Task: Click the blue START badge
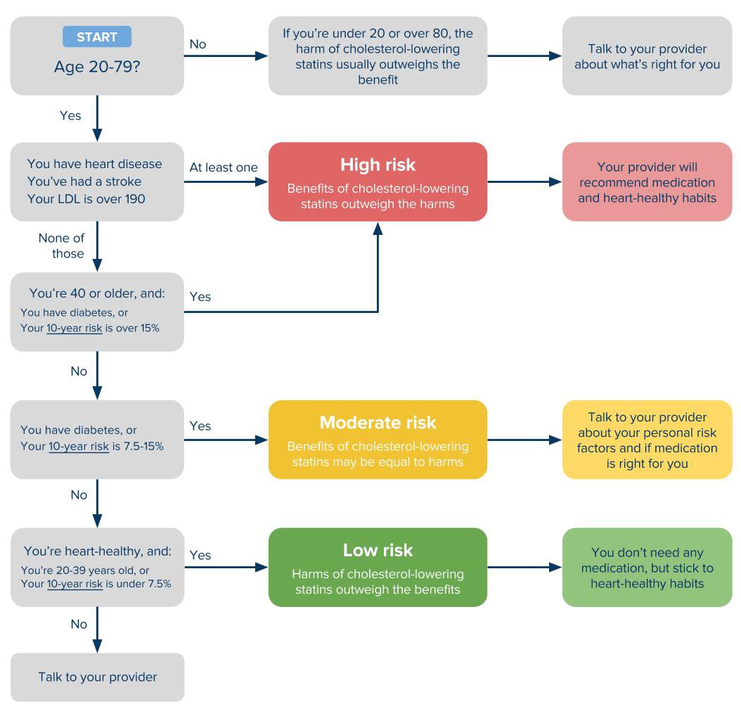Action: (97, 37)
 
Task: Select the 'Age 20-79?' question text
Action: (97, 67)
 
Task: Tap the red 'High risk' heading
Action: (378, 165)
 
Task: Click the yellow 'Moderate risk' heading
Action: (378, 422)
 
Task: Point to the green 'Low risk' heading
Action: (378, 550)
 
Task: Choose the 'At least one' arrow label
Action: (224, 167)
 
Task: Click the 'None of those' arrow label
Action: (61, 246)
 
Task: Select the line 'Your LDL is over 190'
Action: (86, 199)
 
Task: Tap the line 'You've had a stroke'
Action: (84, 181)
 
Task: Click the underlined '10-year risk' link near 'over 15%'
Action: (75, 328)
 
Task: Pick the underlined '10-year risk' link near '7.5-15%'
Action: (79, 447)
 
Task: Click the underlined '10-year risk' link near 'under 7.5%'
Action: (75, 584)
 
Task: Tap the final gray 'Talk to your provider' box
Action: (97, 677)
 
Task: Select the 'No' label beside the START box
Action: (198, 44)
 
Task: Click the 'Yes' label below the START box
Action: (70, 115)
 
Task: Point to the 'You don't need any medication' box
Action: (647, 568)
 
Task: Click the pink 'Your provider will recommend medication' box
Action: (647, 181)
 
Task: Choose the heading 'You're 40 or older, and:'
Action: (97, 293)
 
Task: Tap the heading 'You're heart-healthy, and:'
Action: (98, 551)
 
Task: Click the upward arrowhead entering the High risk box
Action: (378, 229)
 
